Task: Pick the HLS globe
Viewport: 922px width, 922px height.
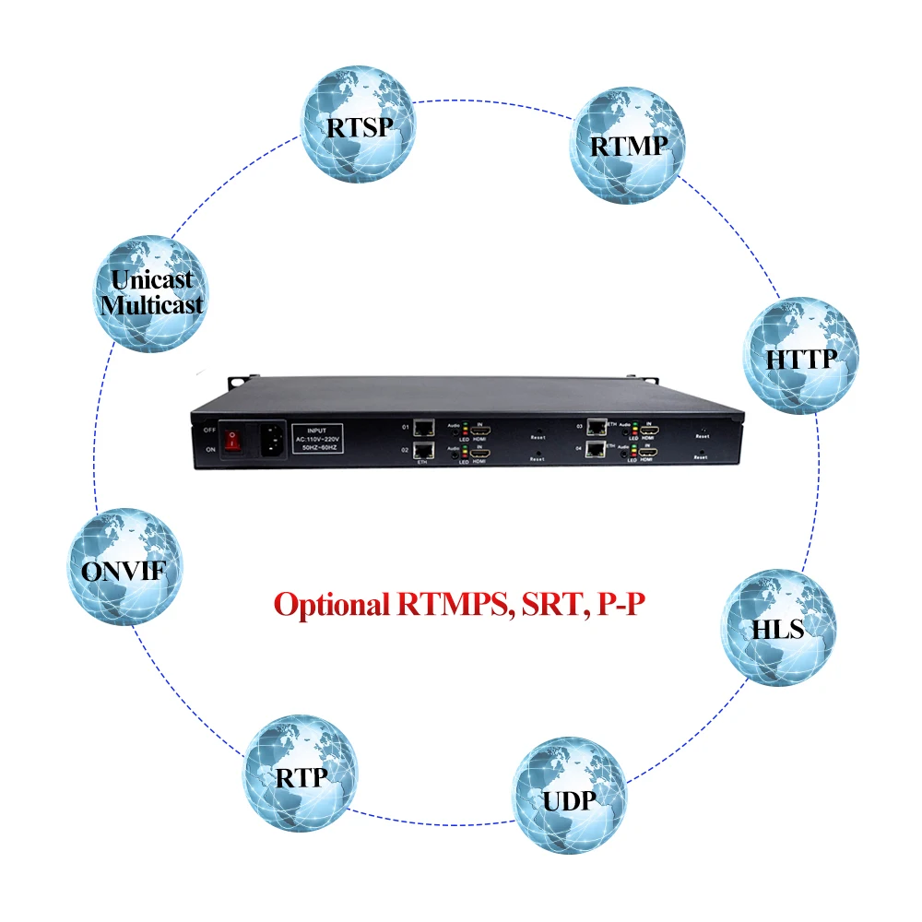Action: point(778,627)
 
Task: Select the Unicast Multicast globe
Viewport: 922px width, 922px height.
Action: point(153,291)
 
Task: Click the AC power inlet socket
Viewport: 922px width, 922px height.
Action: point(274,439)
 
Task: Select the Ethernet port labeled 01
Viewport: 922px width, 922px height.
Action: point(425,427)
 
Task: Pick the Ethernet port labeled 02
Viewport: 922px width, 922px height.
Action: point(425,451)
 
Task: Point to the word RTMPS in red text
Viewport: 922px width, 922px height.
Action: point(451,605)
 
